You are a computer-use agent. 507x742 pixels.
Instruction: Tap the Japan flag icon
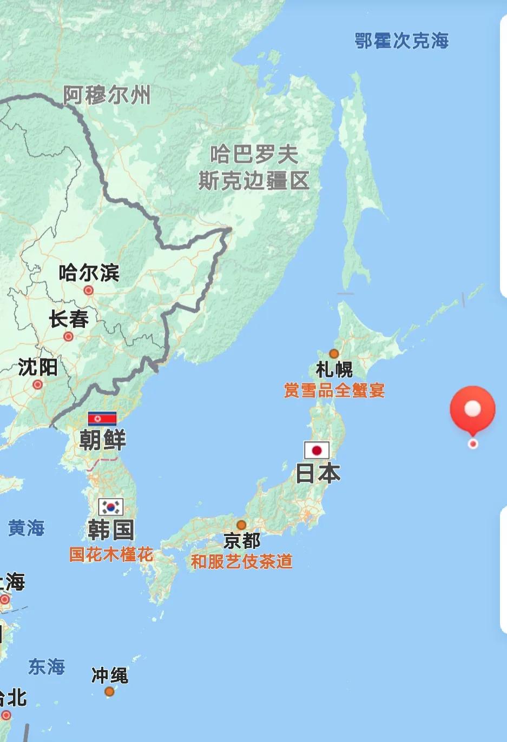317,450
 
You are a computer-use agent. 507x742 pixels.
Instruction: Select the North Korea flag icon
102,418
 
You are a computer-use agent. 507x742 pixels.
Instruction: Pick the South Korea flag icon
111,507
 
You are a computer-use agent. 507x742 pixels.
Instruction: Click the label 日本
318,473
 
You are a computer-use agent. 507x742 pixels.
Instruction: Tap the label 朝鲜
102,439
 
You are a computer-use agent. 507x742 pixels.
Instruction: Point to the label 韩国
111,530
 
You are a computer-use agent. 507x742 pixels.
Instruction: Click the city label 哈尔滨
89,273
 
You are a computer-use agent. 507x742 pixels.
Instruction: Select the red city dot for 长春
68,336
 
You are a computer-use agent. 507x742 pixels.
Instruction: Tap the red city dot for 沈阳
37,385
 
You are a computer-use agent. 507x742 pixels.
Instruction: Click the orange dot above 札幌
334,354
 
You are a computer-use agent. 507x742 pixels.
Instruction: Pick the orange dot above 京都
241,525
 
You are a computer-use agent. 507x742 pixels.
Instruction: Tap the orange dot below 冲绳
109,691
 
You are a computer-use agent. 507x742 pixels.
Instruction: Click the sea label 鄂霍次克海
401,41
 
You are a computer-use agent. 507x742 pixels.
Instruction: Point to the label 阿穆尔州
107,95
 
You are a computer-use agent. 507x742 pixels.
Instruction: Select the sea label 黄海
26,528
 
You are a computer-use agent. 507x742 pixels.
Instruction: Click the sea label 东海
47,666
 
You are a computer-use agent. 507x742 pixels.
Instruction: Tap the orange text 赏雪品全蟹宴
334,390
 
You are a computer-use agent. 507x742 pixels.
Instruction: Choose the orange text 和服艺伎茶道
241,561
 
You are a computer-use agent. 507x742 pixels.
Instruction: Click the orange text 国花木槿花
111,554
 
